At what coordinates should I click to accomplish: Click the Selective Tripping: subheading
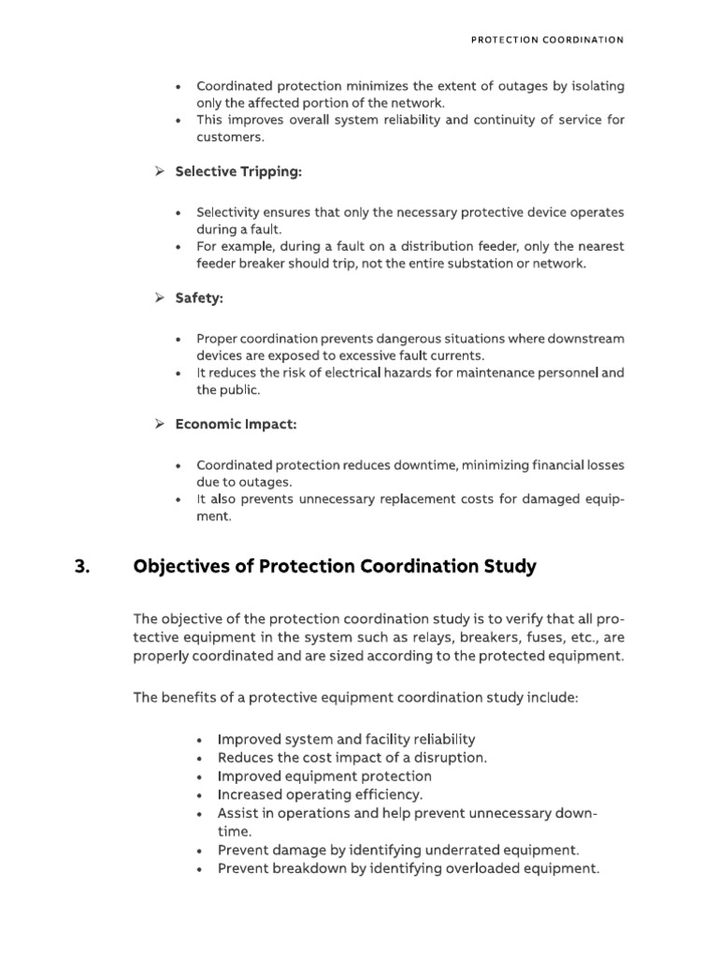(238, 171)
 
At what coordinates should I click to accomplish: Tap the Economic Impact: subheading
(237, 424)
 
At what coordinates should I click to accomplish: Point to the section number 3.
(80, 566)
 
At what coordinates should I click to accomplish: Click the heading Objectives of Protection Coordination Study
(335, 566)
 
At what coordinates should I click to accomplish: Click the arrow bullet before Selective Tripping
(159, 171)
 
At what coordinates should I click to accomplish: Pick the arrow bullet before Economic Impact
(159, 424)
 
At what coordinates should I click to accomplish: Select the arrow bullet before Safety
(159, 298)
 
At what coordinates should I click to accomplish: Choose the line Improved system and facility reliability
(346, 739)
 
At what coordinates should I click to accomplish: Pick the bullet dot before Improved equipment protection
(201, 777)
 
